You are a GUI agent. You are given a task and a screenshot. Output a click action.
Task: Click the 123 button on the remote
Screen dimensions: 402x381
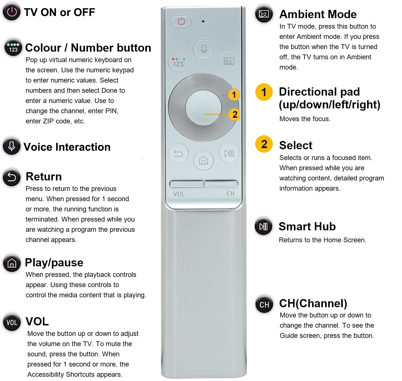coord(178,61)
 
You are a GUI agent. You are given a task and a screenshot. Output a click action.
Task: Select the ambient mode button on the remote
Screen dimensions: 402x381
coord(229,61)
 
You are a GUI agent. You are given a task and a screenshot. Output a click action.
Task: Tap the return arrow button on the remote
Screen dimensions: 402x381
coord(178,153)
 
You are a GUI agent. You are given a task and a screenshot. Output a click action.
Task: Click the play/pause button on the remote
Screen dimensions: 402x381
coord(229,153)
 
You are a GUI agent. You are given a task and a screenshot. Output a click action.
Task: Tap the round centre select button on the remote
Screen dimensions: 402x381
coord(204,107)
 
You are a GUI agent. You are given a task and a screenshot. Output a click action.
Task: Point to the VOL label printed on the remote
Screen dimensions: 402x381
coord(179,194)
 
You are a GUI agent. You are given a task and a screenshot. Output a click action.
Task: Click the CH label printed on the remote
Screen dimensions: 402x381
coord(231,193)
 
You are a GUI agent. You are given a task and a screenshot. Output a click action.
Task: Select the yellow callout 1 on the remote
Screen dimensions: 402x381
coord(234,95)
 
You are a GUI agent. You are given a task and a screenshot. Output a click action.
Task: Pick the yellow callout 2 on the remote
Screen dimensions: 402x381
coord(235,114)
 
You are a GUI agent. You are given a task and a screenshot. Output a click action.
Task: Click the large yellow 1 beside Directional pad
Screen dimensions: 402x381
coord(264,92)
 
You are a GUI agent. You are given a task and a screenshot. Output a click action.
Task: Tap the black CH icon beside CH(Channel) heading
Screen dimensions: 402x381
coord(264,305)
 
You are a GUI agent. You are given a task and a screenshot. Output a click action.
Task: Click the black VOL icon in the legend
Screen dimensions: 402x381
coord(12,323)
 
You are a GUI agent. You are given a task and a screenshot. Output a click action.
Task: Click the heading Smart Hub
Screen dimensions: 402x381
coord(307,226)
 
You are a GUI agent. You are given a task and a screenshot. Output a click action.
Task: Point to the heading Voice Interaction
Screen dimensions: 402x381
coord(67,147)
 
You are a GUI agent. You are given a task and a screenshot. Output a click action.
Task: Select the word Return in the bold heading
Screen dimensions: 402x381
coord(44,177)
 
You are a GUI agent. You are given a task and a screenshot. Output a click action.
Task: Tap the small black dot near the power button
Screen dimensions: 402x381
coord(203,21)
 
